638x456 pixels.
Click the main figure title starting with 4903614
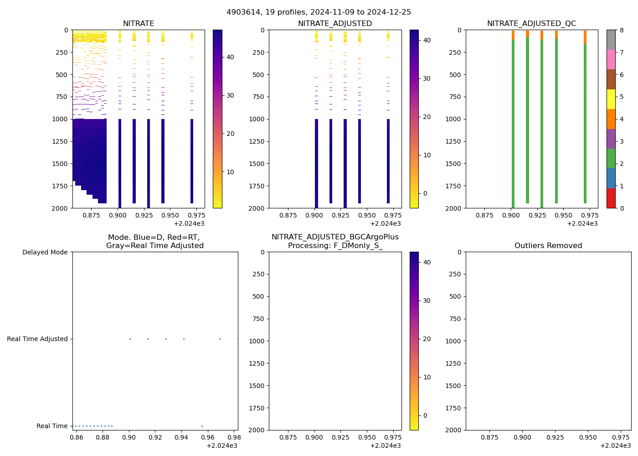tap(319, 12)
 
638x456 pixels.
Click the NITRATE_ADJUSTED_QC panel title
tap(531, 24)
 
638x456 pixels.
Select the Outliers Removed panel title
tap(548, 246)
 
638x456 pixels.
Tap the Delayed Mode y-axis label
tap(45, 252)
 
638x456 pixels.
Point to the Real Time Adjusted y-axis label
tap(37, 339)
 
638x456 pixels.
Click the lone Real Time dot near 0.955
tap(202, 426)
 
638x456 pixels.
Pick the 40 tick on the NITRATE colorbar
tap(230, 57)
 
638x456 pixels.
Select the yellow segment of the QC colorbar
tap(611, 99)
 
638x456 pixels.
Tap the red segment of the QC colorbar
tap(611, 198)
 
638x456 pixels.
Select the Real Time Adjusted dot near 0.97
tap(220, 339)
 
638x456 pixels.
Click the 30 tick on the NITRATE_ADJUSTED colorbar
tap(427, 78)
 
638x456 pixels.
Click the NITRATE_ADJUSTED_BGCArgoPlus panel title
tap(335, 241)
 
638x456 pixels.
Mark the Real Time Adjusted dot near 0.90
tap(130, 339)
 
